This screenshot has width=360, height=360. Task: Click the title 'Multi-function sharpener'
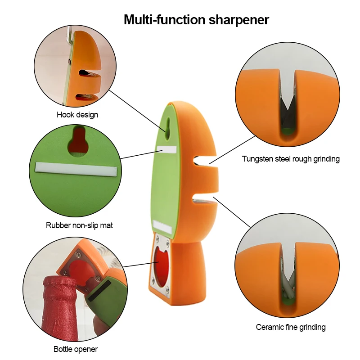(x=196, y=20)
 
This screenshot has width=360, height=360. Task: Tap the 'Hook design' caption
(x=77, y=115)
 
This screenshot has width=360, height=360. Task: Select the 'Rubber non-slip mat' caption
(x=79, y=225)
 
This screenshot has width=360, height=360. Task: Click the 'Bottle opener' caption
(x=76, y=349)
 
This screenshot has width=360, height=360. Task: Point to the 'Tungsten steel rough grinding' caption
(x=291, y=159)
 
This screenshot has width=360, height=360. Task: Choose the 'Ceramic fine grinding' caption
(x=291, y=327)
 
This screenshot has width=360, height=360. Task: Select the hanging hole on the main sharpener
(x=167, y=126)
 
